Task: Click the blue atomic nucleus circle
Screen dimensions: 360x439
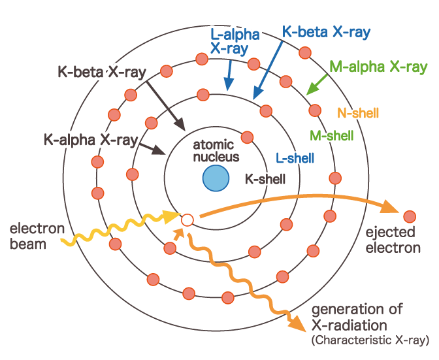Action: coord(216,178)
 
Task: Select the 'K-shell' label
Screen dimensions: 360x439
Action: coord(265,178)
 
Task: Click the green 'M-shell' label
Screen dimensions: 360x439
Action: coord(331,135)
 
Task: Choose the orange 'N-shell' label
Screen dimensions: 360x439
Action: coord(357,112)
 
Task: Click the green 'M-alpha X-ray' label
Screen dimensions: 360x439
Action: coord(378,67)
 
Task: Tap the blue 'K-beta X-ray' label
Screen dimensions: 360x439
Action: coord(326,31)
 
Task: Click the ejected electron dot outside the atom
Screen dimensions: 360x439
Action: coord(410,216)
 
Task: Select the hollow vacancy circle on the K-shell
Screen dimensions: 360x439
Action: coord(187,220)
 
